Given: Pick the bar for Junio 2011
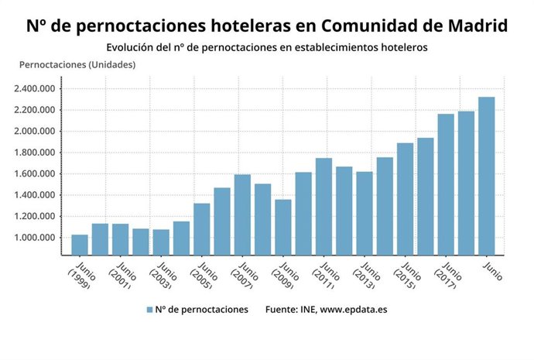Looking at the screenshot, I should [x=323, y=207].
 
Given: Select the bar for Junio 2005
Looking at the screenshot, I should [x=202, y=229].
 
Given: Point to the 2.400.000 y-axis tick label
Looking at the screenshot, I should [x=35, y=88].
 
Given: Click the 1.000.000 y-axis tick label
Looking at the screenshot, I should [x=35, y=238].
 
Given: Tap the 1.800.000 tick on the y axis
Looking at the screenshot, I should [x=35, y=153].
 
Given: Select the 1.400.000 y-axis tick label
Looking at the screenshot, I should [x=35, y=195].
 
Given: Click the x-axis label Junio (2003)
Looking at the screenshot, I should [x=162, y=275].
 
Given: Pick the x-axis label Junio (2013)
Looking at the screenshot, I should [x=365, y=275].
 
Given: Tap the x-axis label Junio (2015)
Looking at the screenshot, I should [x=406, y=275].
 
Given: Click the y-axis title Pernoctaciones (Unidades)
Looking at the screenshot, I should [x=77, y=64].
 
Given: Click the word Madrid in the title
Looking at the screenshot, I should [x=478, y=25].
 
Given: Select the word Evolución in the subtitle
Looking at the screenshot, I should [x=131, y=47].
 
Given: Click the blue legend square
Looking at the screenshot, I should [x=149, y=310].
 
